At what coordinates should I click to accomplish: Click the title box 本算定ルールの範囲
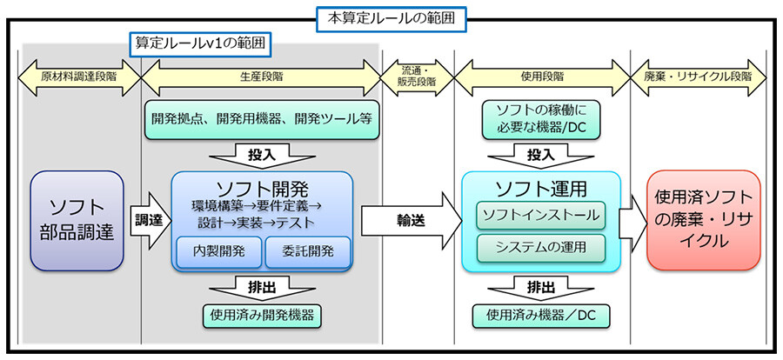point(391,15)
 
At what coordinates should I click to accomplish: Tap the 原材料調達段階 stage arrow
point(79,77)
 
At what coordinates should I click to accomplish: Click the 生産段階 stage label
point(261,77)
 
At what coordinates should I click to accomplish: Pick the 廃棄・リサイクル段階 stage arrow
point(698,77)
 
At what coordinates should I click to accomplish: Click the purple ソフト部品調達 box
point(79,221)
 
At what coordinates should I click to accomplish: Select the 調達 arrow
point(151,221)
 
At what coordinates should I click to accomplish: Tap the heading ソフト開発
point(262,187)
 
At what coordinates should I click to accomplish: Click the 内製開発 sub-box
point(217,251)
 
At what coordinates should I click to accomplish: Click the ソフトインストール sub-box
point(539,214)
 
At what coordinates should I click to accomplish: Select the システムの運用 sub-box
point(539,247)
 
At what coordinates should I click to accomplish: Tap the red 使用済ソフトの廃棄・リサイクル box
point(703,221)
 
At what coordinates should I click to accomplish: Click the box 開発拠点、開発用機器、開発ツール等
point(261,118)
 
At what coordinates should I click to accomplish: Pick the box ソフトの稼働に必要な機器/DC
point(539,118)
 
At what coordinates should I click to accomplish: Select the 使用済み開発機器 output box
point(262,315)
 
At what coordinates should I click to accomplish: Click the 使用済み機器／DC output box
point(539,315)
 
